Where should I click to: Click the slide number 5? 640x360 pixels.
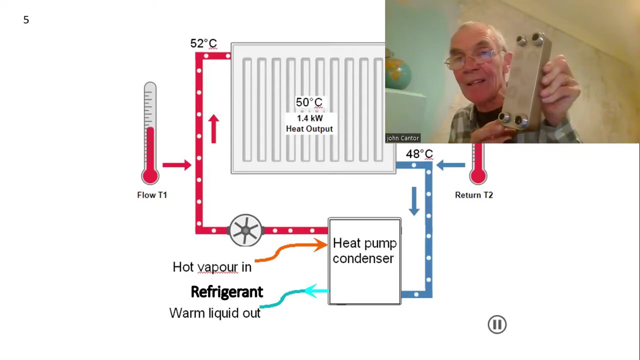(x=26, y=19)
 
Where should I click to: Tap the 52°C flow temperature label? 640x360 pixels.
(x=203, y=43)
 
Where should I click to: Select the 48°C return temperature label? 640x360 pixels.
(x=419, y=154)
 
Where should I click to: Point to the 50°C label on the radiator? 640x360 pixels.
(x=309, y=102)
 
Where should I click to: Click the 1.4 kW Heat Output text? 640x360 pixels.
(x=309, y=123)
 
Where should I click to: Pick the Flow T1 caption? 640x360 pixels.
(x=152, y=195)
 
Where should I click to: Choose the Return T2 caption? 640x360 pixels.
(x=474, y=195)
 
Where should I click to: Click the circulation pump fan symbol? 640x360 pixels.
(x=245, y=230)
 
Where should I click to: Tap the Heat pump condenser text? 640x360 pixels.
(x=364, y=251)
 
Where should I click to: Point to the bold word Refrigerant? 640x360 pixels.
(x=227, y=292)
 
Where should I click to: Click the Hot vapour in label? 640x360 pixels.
(x=212, y=267)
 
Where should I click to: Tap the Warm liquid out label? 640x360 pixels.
(x=215, y=313)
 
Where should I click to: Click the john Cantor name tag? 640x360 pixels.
(x=403, y=138)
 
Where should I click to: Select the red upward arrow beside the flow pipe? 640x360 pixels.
(x=213, y=129)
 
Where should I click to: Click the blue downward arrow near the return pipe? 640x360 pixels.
(x=414, y=201)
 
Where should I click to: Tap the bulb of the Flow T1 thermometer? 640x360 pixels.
(x=150, y=176)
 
